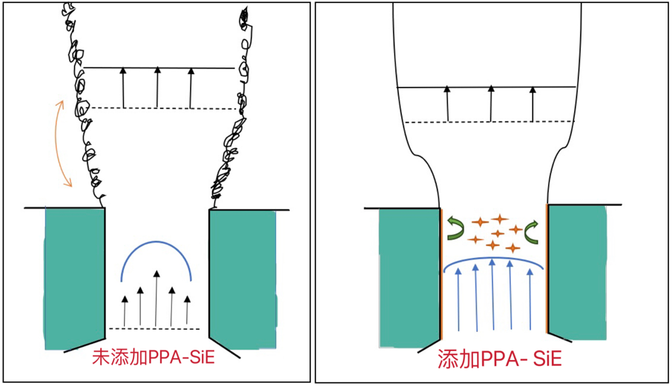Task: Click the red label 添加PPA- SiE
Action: tap(495, 359)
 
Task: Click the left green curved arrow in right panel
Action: tap(454, 228)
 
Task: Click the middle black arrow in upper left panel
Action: tap(157, 88)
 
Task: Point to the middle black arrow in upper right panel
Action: tap(490, 103)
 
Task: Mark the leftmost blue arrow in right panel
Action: tap(458, 299)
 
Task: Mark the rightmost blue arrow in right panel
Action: tap(530, 299)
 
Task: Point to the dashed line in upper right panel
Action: tap(488, 122)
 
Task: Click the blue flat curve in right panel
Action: tap(493, 260)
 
